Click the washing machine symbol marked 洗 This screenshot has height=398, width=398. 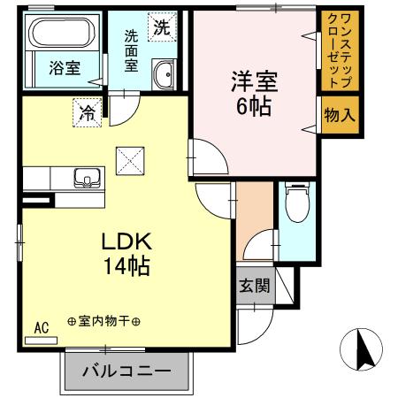(x=161, y=27)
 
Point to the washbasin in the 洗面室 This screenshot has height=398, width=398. (x=164, y=76)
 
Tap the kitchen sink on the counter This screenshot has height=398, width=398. (x=88, y=177)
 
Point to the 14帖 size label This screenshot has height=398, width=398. (x=124, y=265)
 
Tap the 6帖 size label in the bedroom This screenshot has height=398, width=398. (x=253, y=107)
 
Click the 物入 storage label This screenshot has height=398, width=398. (x=341, y=115)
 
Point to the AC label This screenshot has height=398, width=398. (x=41, y=327)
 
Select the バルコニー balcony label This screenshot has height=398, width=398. (x=128, y=370)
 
